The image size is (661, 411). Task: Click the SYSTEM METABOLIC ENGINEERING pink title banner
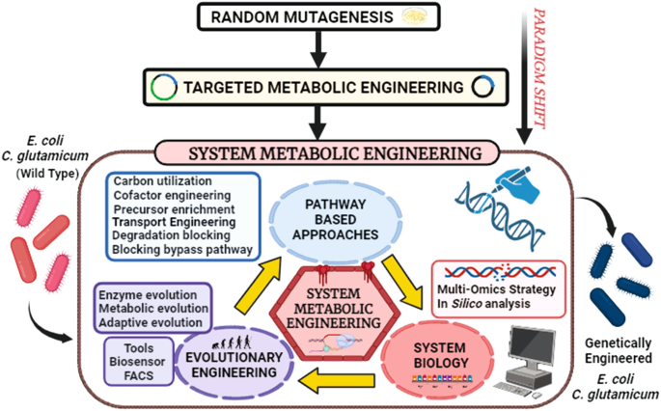328,153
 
